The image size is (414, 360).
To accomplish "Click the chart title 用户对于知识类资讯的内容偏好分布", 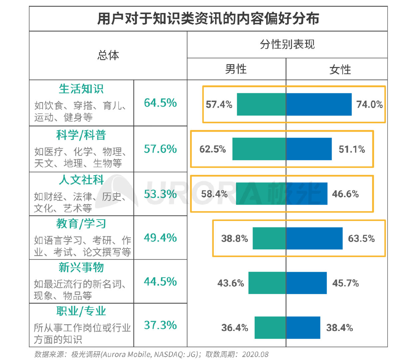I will (x=208, y=19).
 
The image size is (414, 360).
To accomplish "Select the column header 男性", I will (x=236, y=69).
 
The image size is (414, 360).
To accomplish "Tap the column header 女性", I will (x=340, y=69).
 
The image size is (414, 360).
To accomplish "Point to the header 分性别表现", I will (x=287, y=44).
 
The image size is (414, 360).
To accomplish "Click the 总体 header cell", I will (x=108, y=55).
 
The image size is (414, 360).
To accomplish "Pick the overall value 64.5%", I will (x=160, y=103).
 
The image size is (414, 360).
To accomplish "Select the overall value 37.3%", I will (x=160, y=325).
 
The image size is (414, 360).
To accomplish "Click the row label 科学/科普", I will (x=81, y=135).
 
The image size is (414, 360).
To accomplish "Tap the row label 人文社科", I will (x=81, y=180).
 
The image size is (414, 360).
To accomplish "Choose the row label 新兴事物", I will (x=81, y=267).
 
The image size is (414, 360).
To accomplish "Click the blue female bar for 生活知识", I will (x=319, y=104).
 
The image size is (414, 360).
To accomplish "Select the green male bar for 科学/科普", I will (x=259, y=149).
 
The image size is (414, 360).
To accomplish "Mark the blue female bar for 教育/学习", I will (x=314, y=238).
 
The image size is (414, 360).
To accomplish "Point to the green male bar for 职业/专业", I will (x=270, y=328).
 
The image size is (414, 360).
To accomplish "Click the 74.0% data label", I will (x=369, y=104).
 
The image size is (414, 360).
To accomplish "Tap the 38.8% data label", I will (x=234, y=238).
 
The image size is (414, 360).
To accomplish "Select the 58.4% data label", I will (x=214, y=194).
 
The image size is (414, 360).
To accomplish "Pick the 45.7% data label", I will (x=345, y=283).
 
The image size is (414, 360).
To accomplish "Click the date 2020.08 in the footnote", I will (x=255, y=354).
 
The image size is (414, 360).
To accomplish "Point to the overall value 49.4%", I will (x=160, y=238).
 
